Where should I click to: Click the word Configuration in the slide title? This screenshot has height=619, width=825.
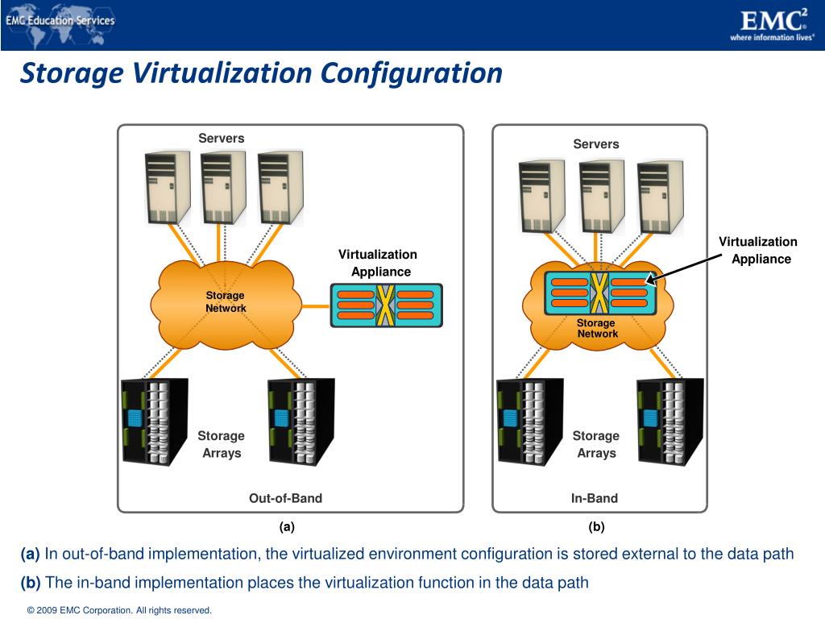(412, 73)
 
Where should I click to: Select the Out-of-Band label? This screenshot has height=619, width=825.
(285, 498)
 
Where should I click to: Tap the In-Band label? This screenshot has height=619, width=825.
(595, 498)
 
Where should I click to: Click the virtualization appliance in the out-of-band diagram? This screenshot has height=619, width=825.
(387, 305)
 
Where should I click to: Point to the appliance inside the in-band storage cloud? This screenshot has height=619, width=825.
(599, 293)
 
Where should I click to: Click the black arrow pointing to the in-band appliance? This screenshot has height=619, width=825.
(685, 268)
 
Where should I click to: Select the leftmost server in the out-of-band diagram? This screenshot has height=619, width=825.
(168, 187)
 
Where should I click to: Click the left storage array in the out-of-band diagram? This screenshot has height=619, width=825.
(154, 420)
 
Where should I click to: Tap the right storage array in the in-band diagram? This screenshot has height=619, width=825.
(670, 420)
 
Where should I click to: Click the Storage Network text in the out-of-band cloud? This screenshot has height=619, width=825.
(226, 302)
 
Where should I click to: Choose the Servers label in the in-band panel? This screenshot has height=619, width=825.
(596, 144)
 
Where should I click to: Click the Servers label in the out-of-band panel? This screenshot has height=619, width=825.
(222, 139)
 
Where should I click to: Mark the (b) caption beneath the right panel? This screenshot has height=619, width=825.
(596, 527)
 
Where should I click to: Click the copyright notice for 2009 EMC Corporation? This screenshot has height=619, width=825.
(119, 610)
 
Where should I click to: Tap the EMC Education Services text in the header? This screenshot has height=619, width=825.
(60, 20)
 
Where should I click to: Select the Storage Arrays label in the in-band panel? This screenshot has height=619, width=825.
(596, 444)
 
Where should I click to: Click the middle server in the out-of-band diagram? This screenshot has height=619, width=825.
(223, 187)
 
